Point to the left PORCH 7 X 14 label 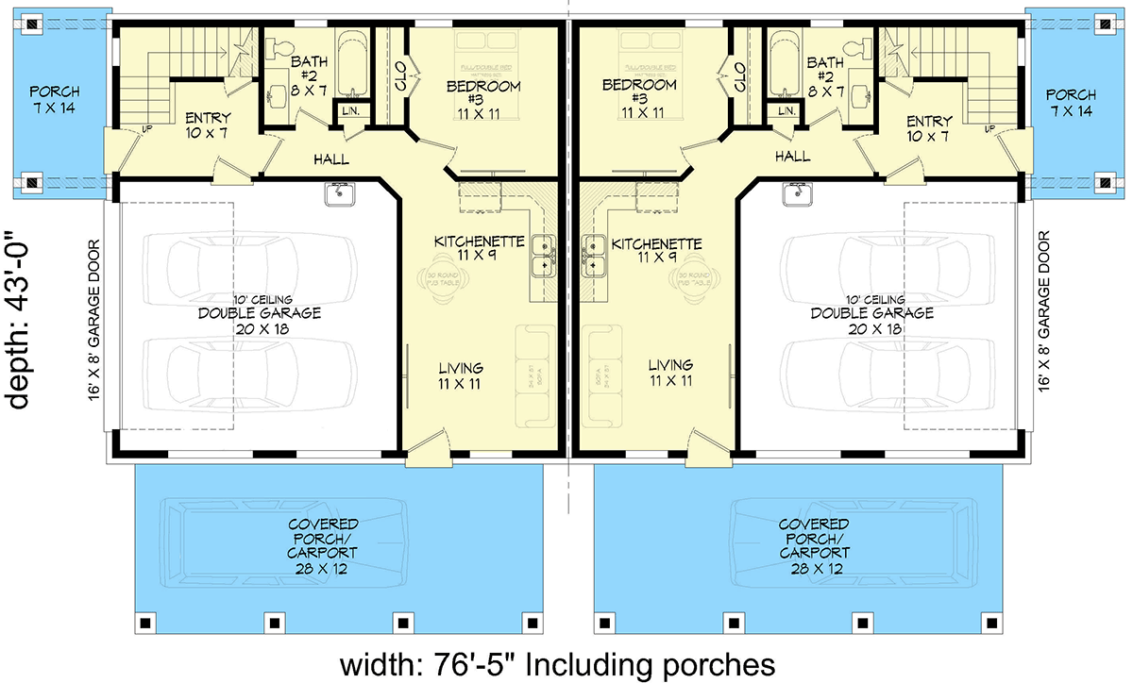(x=55, y=102)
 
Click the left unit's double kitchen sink (x=544, y=256)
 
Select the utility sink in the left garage (x=338, y=194)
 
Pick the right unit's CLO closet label (x=739, y=71)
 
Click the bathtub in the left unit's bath (x=353, y=64)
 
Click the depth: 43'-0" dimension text (x=21, y=321)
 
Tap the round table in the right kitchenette (x=695, y=277)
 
